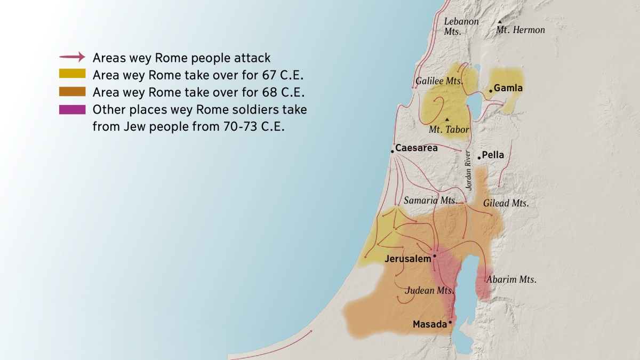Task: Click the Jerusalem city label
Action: [x=407, y=259]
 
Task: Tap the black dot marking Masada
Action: [x=450, y=322]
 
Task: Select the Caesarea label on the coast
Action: [x=416, y=148]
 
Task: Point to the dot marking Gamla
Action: [x=491, y=91]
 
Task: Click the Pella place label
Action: [x=493, y=155]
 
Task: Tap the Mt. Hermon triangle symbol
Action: [x=500, y=22]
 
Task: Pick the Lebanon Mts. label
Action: [x=461, y=26]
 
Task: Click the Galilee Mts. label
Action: [x=438, y=82]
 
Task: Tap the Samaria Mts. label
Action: [x=430, y=201]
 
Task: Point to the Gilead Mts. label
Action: [x=506, y=203]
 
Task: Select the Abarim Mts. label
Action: [x=511, y=279]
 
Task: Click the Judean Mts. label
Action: [x=429, y=291]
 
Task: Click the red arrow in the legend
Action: [x=72, y=57]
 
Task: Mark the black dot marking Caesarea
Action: [x=392, y=151]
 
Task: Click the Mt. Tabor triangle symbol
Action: [x=447, y=119]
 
